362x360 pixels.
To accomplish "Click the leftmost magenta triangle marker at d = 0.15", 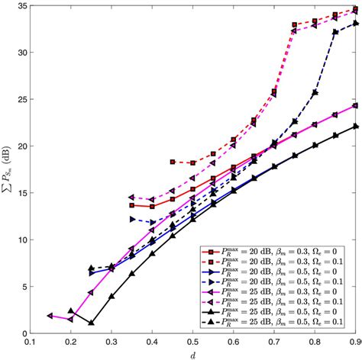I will tap(50, 315).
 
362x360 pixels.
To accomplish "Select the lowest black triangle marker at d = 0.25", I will tap(91, 323).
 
